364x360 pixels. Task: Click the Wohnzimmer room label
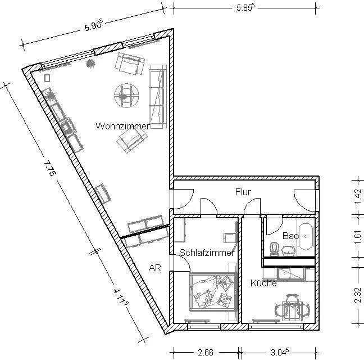[122, 126]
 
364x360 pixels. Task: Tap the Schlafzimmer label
[207, 253]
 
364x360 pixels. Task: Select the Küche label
[263, 283]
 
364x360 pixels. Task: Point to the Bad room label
[290, 236]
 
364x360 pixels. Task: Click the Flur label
[243, 192]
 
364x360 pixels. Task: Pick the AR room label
[155, 268]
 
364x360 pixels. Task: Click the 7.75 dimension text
[49, 169]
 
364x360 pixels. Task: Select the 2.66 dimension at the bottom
[206, 353]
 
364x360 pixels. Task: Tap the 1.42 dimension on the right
[358, 196]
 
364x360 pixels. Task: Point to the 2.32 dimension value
[358, 295]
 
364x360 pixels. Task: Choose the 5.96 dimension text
[93, 26]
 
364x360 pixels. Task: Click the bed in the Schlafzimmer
[213, 292]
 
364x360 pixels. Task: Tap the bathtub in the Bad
[306, 237]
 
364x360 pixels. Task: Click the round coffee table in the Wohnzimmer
[126, 95]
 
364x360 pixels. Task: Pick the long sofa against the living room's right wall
[158, 96]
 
